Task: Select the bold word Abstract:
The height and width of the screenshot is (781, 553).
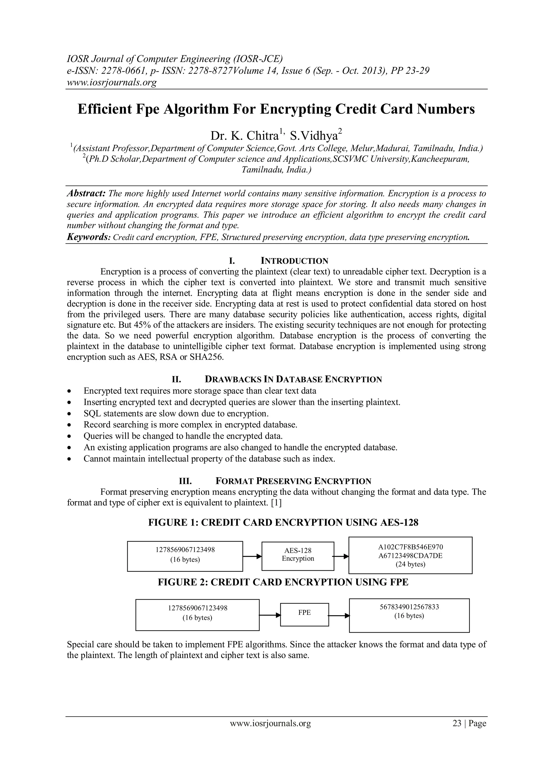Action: pyautogui.click(x=86, y=193)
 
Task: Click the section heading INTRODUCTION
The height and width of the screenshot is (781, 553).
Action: pyautogui.click(x=294, y=261)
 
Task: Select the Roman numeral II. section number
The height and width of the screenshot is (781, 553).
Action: pyautogui.click(x=176, y=379)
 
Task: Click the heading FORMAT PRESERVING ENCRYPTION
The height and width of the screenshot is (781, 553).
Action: pyautogui.click(x=293, y=481)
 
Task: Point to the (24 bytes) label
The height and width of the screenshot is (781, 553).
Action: pyautogui.click(x=410, y=564)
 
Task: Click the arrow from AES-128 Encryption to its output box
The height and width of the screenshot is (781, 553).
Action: pyautogui.click(x=341, y=557)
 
